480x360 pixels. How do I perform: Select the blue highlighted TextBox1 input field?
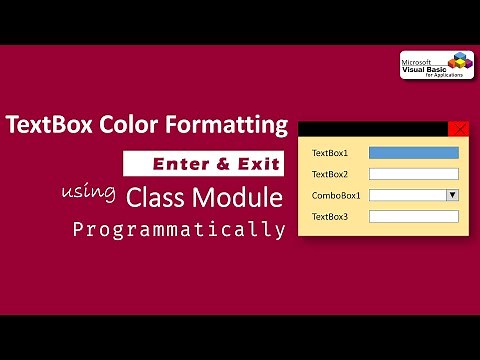413,153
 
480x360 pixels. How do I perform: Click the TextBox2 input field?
413,174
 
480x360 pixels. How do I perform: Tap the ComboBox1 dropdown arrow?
452,195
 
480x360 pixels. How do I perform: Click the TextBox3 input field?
413,216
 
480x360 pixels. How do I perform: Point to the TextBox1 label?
330,154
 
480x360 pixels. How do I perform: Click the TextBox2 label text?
330,175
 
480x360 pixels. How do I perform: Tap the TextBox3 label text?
330,217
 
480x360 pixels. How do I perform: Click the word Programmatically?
179,229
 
